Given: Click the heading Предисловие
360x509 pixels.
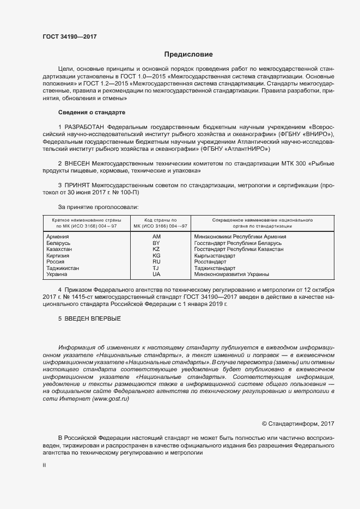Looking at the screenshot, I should point(188,54).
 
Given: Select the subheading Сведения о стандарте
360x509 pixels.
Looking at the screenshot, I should point(91,112).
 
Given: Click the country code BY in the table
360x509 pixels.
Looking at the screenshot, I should point(156,243).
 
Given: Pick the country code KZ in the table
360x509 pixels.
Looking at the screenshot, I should point(156,249).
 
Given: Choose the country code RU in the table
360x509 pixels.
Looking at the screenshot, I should point(156,262).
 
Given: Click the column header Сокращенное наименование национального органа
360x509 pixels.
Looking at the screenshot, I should point(254,223).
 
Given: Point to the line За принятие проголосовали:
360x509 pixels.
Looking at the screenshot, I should point(98,207).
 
